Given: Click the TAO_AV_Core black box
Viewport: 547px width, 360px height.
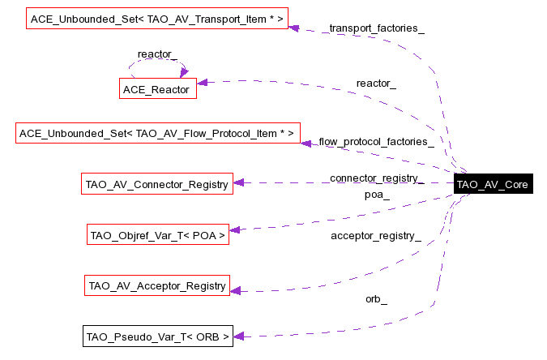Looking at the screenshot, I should [493, 184].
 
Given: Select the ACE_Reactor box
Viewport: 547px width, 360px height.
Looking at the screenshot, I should [159, 89].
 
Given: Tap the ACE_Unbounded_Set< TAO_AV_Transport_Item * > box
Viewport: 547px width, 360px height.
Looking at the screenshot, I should [157, 17].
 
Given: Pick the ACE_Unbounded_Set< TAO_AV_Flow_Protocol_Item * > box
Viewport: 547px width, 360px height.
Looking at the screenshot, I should [159, 133].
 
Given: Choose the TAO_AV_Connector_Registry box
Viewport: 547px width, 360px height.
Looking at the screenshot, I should [157, 184].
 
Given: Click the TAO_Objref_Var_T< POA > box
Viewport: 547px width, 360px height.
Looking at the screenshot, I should [157, 235].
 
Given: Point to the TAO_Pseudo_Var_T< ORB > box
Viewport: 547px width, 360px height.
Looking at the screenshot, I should [158, 336].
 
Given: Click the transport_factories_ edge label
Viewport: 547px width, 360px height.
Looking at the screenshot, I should [377, 28].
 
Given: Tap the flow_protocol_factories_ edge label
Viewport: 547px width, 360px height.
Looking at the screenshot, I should [376, 142].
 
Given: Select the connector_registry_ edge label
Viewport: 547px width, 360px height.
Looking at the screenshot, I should [376, 178].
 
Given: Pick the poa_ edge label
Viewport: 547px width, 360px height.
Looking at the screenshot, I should [377, 195].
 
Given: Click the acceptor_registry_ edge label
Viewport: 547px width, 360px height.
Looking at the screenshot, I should [376, 236].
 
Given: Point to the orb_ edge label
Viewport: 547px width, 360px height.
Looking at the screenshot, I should [376, 299].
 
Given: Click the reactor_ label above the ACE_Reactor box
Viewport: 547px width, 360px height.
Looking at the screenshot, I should [157, 54].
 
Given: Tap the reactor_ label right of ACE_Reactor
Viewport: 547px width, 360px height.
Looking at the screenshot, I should [376, 84].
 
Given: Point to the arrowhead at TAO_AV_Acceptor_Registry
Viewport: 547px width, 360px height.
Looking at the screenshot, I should [234, 290].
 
